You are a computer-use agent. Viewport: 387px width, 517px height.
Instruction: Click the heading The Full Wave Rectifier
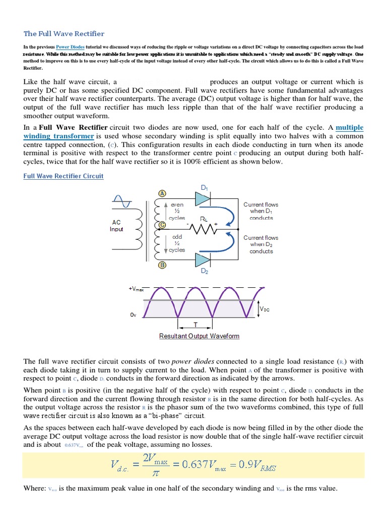[x=64, y=34]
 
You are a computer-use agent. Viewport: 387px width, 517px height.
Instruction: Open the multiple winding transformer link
[x=59, y=132]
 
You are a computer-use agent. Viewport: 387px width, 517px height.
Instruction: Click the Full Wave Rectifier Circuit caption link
[x=63, y=176]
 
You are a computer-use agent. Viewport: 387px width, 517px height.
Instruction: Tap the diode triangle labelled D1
[x=203, y=199]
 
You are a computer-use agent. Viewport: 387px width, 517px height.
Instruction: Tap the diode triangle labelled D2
[x=203, y=260]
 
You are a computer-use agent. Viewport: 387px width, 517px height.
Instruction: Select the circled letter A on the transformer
[x=162, y=193]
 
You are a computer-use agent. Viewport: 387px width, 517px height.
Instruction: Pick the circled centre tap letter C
[x=162, y=225]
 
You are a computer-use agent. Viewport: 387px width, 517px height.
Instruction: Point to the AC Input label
[x=116, y=225]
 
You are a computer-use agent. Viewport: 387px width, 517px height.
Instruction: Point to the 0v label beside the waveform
[x=133, y=315]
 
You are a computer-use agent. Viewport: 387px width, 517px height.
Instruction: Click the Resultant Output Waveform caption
[x=199, y=336]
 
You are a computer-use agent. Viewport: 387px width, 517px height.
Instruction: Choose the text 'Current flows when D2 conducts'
[x=261, y=244]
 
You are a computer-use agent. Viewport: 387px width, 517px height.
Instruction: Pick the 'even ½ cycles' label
[x=177, y=211]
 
